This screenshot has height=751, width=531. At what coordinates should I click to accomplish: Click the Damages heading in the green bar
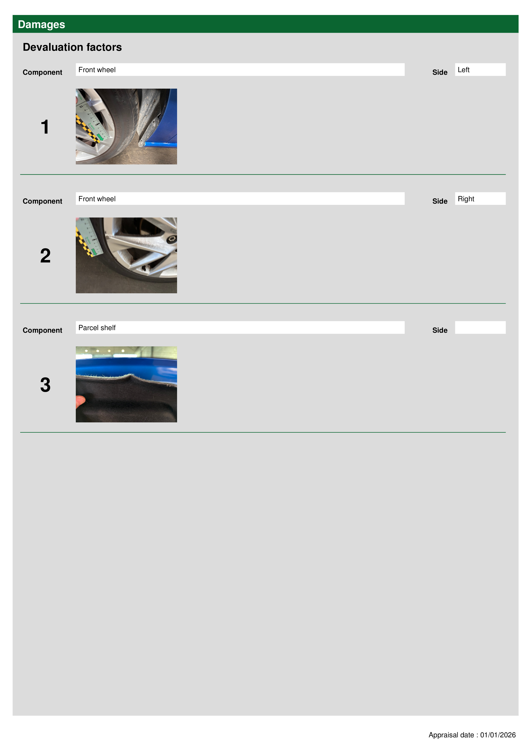click(x=42, y=25)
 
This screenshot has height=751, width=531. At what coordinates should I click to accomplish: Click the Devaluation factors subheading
click(x=72, y=47)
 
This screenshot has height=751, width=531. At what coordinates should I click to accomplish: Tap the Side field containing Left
click(x=480, y=70)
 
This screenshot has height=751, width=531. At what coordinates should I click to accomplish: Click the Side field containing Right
click(x=480, y=198)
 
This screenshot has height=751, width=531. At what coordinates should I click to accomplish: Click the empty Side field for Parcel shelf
click(x=480, y=327)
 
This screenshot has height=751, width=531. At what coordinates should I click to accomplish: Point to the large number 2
click(x=45, y=256)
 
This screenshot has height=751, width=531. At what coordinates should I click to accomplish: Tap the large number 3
click(x=45, y=385)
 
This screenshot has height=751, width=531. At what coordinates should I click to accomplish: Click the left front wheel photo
click(x=126, y=127)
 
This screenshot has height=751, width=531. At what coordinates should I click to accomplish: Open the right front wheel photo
click(x=126, y=255)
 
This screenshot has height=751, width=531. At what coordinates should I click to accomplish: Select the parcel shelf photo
click(x=126, y=384)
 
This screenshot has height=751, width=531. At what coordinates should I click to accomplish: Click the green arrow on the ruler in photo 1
click(x=100, y=137)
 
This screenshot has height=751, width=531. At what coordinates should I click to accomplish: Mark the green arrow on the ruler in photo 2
click(x=94, y=252)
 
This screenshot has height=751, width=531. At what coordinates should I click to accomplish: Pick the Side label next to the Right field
click(x=440, y=201)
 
